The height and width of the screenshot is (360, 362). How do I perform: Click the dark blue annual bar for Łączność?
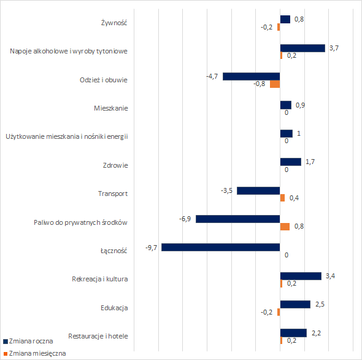point(221,247)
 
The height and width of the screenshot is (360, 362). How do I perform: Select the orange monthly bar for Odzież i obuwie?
point(275,84)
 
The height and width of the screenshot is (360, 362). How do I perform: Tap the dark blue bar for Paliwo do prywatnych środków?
point(238,219)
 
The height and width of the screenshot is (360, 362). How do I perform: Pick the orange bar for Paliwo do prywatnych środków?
point(285,227)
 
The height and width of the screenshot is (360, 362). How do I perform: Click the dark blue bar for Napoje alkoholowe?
point(302,48)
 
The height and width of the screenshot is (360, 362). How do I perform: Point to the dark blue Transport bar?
point(258,191)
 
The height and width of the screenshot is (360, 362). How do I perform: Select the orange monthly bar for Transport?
point(282,198)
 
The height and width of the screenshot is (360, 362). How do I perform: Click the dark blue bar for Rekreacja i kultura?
point(301,276)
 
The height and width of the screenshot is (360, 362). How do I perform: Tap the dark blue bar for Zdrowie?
point(291,162)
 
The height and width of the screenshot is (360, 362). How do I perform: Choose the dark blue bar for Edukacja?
point(295,305)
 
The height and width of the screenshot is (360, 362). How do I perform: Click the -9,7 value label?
point(151,248)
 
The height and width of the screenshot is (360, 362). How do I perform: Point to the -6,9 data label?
point(185,219)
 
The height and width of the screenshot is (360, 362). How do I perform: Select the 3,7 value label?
point(334,48)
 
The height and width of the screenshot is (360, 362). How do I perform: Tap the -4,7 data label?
point(212,76)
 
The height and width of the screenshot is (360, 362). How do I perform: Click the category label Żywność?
point(114,23)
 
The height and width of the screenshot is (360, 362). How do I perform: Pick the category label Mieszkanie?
point(111,108)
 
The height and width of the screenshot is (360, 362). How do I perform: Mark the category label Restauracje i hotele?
point(98,336)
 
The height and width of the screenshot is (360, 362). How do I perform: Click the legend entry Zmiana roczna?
point(28,341)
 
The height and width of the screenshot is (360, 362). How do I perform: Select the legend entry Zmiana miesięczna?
point(34,353)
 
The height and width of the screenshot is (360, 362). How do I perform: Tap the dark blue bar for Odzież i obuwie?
point(252,77)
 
